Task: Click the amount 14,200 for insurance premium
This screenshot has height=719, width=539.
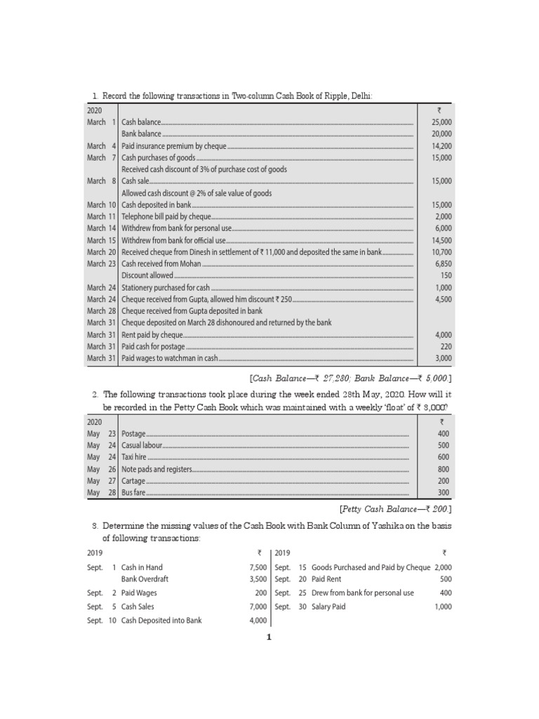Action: tap(442, 146)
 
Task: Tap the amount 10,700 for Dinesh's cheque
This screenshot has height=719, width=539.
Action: tap(442, 251)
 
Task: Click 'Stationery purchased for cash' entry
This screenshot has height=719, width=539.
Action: tap(166, 287)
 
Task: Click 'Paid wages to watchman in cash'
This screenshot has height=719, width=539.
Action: tap(169, 358)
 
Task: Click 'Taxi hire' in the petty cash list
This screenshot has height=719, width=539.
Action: tap(134, 457)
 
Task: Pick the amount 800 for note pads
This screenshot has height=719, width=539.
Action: tap(443, 469)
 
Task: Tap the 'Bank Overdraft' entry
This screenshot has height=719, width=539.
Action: tap(145, 579)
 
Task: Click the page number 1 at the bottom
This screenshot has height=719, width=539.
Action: tap(269, 637)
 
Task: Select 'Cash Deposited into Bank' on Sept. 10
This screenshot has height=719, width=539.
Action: tap(161, 620)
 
